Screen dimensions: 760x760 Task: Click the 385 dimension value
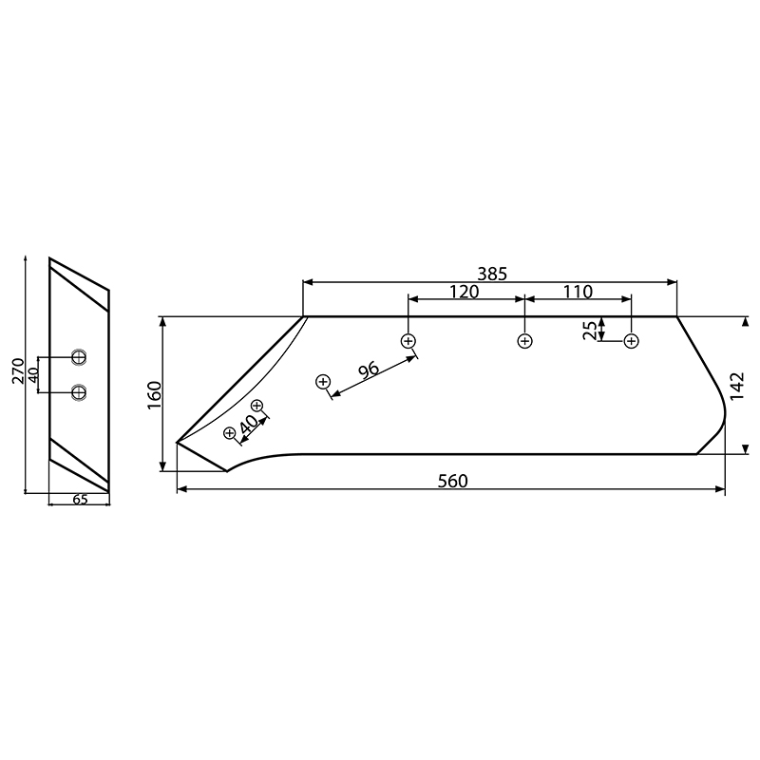(492, 273)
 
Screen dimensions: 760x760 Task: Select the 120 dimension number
(463, 292)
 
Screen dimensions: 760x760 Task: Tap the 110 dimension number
(577, 292)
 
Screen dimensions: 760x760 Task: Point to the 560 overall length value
(452, 481)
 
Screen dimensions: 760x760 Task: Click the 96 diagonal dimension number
(369, 369)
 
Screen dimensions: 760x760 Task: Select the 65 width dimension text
(80, 500)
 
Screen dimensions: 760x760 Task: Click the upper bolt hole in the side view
(79, 357)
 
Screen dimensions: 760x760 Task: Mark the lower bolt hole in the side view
(79, 390)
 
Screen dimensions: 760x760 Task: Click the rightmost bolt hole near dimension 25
(631, 341)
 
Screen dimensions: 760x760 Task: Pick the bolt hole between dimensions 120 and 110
(524, 341)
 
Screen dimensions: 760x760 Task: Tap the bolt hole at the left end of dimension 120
(408, 340)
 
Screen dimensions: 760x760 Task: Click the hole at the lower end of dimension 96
(323, 382)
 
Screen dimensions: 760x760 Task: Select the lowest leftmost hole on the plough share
(229, 433)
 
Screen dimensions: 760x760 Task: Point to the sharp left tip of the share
(179, 443)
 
